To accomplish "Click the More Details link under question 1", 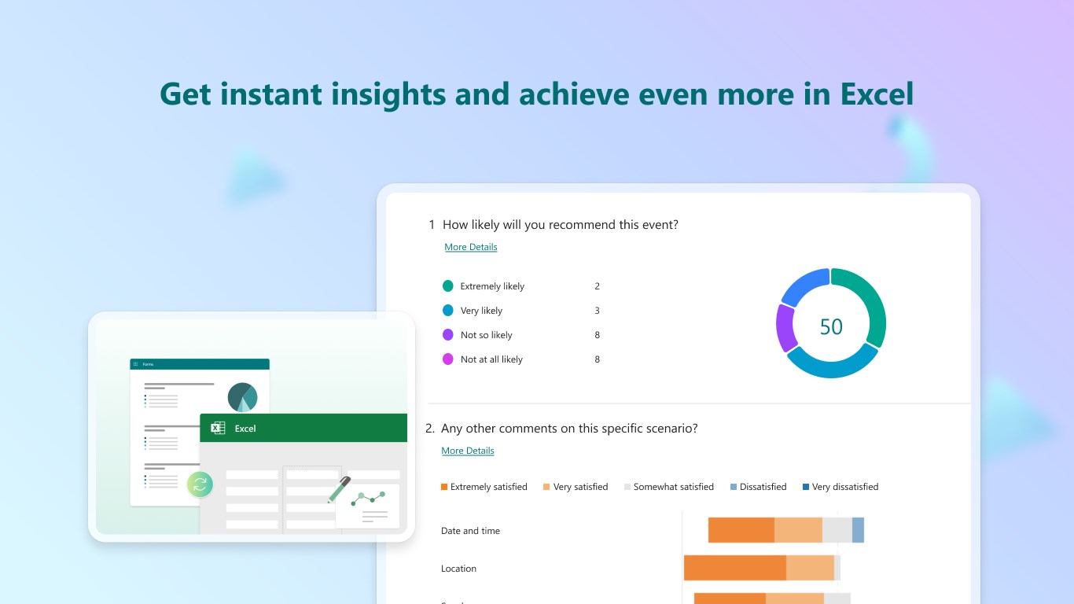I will (471, 247).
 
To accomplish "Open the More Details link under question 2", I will (468, 451).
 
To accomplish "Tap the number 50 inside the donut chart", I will (831, 327).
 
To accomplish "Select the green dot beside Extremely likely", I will (448, 286).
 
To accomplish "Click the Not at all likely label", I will (491, 359).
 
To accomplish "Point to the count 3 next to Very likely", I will (598, 311).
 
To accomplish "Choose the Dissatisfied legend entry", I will (758, 487).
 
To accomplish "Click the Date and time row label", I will (470, 531).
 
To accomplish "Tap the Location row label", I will (458, 569).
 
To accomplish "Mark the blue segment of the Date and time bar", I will (858, 530).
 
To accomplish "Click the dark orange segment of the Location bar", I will (734, 568).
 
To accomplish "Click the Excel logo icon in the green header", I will (219, 429).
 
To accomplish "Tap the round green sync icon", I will (200, 484).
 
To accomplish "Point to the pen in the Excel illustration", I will (339, 489).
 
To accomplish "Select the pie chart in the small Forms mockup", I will (243, 397).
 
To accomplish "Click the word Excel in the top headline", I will (877, 94).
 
